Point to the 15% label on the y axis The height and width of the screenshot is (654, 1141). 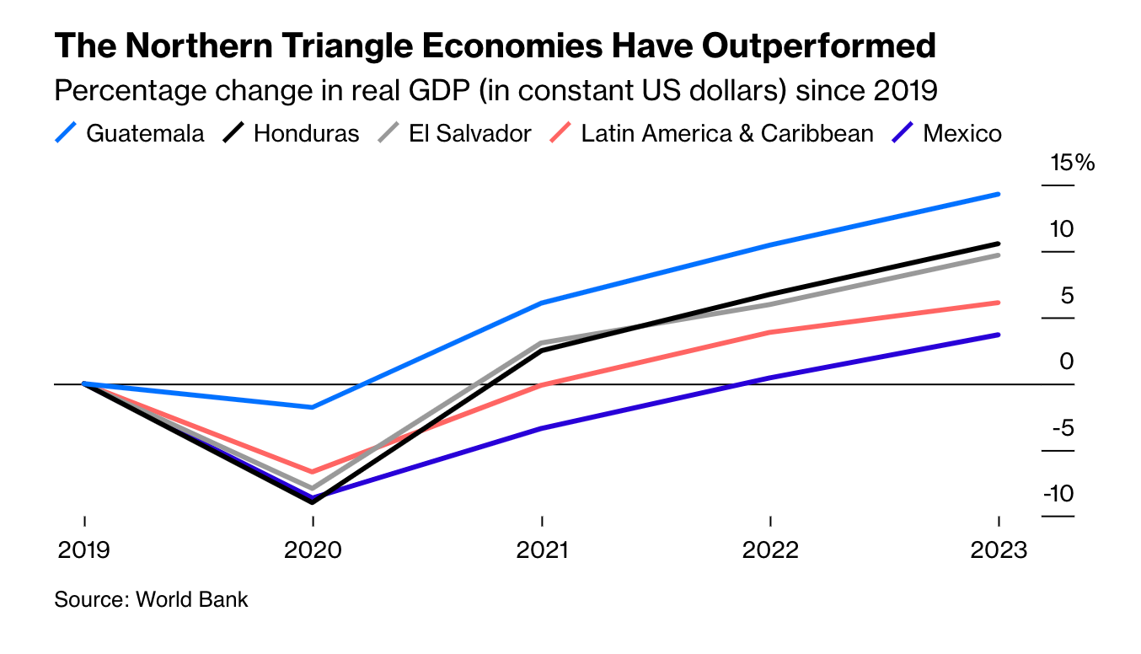click(x=1072, y=163)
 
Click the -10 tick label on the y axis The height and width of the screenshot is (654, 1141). click(x=1058, y=494)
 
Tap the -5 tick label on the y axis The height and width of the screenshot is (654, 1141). click(x=1062, y=428)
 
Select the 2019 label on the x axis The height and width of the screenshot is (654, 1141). click(x=84, y=550)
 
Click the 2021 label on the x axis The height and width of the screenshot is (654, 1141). click(x=542, y=550)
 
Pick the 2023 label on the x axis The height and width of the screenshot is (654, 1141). click(x=999, y=550)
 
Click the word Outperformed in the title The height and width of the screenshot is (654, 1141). click(x=819, y=46)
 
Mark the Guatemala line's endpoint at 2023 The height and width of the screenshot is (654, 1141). click(x=999, y=194)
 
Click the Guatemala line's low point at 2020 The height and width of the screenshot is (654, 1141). click(x=313, y=407)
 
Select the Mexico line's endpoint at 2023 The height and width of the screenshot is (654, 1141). click(x=999, y=335)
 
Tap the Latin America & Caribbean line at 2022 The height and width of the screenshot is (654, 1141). click(x=770, y=332)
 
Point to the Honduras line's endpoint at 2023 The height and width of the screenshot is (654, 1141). click(x=999, y=244)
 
